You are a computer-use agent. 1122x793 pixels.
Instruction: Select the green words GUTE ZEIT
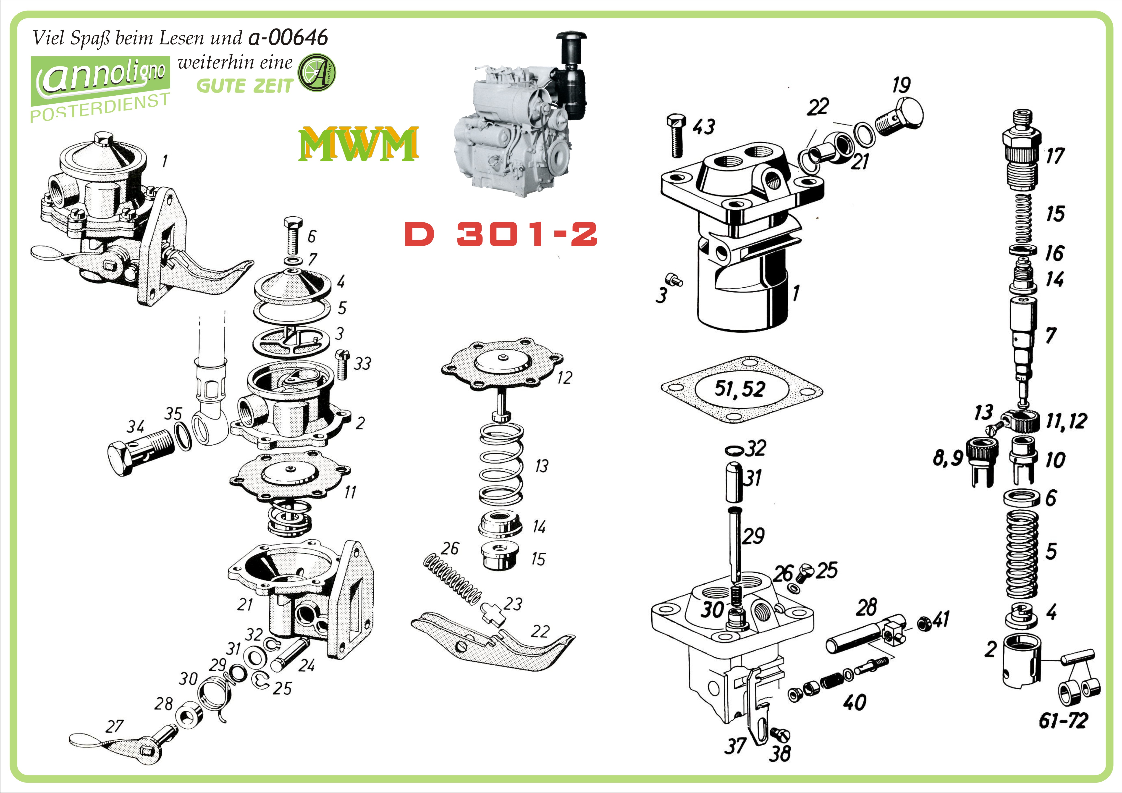tap(244, 86)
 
